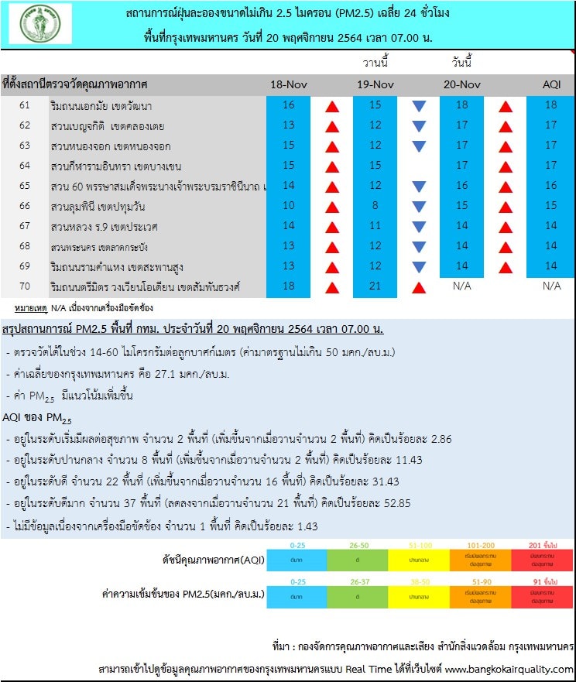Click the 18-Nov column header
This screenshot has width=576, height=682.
(x=289, y=84)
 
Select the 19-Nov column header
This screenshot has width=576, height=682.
(x=375, y=84)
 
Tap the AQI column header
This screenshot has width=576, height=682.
(x=550, y=84)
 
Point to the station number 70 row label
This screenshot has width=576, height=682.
(x=25, y=286)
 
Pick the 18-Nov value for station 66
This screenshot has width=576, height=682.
(x=289, y=206)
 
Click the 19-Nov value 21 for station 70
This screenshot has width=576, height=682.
(x=375, y=286)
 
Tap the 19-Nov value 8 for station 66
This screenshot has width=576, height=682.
(x=375, y=206)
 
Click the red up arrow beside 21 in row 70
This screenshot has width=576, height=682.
(x=419, y=288)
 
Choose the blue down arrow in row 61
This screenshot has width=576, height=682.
(x=419, y=106)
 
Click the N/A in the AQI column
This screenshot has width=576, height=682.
(x=550, y=286)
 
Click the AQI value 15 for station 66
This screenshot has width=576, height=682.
(x=550, y=206)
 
